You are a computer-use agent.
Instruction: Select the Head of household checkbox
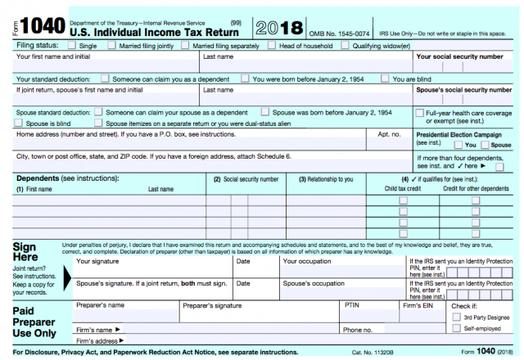[x=275, y=46]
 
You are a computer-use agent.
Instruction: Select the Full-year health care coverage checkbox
[x=420, y=112]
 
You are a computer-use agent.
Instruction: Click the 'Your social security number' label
[x=459, y=56]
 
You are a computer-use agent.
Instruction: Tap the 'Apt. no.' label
[x=389, y=133]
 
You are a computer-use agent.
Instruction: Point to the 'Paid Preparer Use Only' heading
[x=34, y=322]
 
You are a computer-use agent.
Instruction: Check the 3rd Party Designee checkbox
[x=456, y=317]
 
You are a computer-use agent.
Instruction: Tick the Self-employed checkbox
[x=456, y=328]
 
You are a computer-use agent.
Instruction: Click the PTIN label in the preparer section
[x=352, y=305]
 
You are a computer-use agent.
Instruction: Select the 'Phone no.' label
[x=358, y=330]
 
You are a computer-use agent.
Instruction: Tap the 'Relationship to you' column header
[x=325, y=178]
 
